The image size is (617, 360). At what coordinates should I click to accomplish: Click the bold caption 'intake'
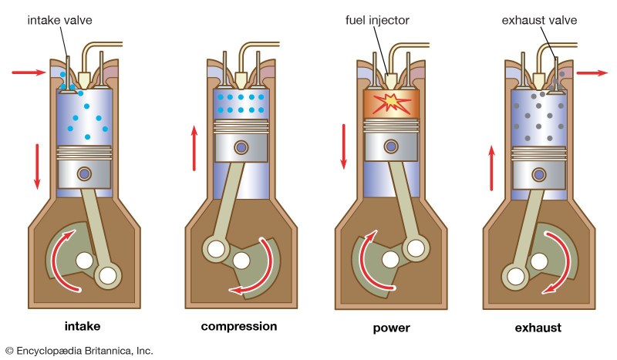pyautogui.click(x=83, y=327)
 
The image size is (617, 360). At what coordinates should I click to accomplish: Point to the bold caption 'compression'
pyautogui.click(x=238, y=326)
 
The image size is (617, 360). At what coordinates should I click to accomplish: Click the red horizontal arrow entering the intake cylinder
pyautogui.click(x=30, y=72)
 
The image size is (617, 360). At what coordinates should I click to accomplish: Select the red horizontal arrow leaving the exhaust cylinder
pyautogui.click(x=592, y=72)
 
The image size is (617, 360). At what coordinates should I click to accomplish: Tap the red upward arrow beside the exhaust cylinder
pyautogui.click(x=491, y=169)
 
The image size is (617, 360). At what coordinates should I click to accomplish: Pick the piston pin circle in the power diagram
pyautogui.click(x=392, y=146)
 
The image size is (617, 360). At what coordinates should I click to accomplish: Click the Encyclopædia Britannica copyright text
pyautogui.click(x=79, y=351)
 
